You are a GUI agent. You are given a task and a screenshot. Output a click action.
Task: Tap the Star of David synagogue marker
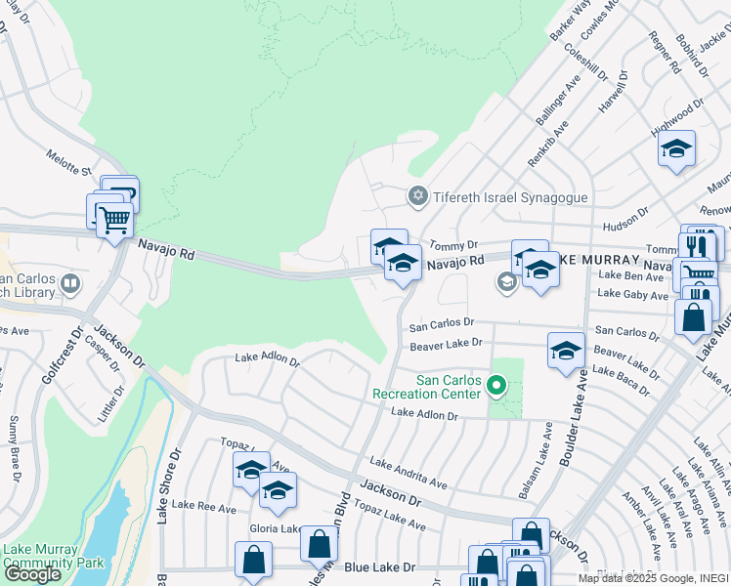418,197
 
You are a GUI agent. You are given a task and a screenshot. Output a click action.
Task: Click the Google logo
32,574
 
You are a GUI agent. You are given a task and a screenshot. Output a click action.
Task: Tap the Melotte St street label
68,162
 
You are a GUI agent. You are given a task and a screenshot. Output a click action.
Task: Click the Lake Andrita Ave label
408,472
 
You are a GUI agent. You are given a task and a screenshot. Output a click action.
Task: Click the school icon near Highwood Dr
675,149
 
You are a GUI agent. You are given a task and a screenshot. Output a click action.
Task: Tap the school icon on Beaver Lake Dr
566,350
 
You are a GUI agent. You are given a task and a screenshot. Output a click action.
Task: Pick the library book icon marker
70,284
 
